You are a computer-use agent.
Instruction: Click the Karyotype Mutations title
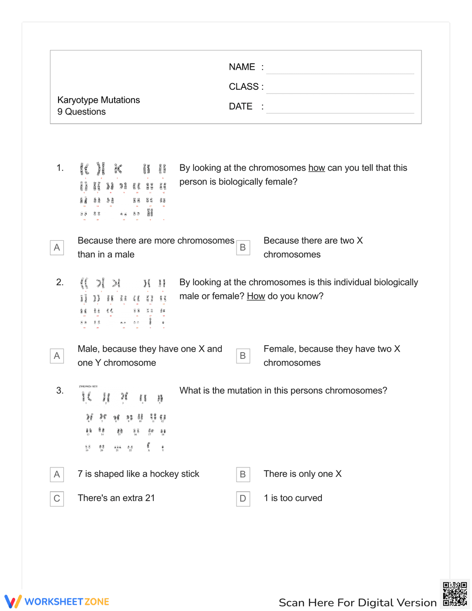pyautogui.click(x=99, y=100)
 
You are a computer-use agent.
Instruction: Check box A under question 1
pyautogui.click(x=57, y=247)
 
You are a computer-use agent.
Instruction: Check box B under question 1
pyautogui.click(x=243, y=247)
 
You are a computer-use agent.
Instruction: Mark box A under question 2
pyautogui.click(x=57, y=356)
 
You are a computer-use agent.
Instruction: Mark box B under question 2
pyautogui.click(x=243, y=356)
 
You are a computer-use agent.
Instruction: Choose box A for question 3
pyautogui.click(x=57, y=475)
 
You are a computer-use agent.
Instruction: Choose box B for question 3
pyautogui.click(x=243, y=475)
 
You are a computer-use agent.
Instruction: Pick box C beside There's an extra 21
pyautogui.click(x=57, y=499)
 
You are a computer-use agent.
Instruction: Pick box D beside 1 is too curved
pyautogui.click(x=243, y=499)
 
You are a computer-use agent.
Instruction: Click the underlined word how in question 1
pyautogui.click(x=317, y=168)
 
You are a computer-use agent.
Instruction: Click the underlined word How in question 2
pyautogui.click(x=256, y=296)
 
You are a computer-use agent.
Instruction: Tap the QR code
pyautogui.click(x=455, y=594)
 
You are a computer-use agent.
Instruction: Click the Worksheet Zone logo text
pyautogui.click(x=67, y=602)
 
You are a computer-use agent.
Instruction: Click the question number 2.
pyautogui.click(x=60, y=282)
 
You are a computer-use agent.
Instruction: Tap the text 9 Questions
pyautogui.click(x=82, y=112)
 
